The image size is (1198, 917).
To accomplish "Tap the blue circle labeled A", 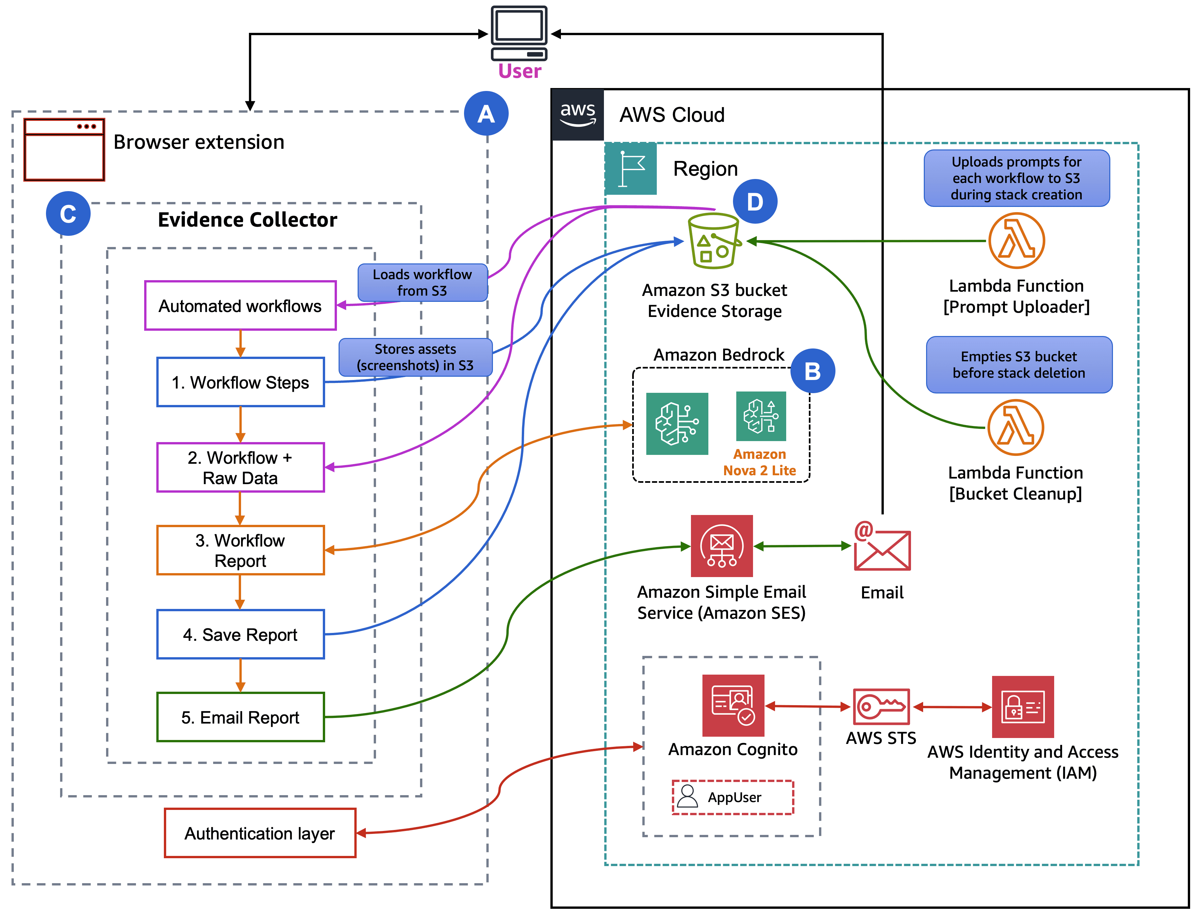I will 486,114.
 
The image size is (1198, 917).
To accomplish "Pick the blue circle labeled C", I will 68,213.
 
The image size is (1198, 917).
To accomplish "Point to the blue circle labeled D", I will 755,201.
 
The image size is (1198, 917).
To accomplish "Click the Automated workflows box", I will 240,306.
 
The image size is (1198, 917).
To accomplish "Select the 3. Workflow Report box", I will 240,550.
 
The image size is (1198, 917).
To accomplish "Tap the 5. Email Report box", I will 240,717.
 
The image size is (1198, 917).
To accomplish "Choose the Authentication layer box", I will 260,833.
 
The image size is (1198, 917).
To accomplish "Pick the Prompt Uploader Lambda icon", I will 1016,241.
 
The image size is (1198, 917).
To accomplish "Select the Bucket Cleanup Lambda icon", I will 1015,427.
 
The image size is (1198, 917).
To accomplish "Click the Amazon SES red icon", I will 721,546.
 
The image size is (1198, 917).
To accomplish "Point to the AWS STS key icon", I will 881,706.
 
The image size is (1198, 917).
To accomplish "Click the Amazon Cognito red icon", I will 733,705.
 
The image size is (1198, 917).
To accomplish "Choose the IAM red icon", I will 1022,707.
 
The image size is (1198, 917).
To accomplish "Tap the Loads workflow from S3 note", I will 422,282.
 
